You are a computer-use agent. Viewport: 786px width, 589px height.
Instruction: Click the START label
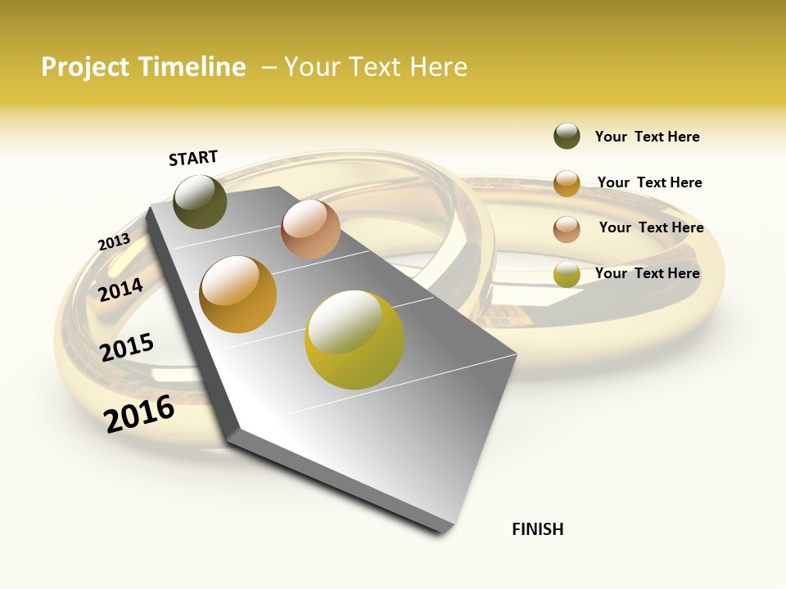pyautogui.click(x=193, y=158)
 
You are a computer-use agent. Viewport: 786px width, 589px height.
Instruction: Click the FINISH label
pyautogui.click(x=538, y=529)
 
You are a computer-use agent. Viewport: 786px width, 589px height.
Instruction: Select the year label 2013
pyautogui.click(x=114, y=242)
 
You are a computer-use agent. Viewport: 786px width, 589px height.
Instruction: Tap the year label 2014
pyautogui.click(x=121, y=290)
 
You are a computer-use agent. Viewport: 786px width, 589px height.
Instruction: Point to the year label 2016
pyautogui.click(x=139, y=413)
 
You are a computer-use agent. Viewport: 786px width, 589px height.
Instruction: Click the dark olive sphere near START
pyautogui.click(x=201, y=201)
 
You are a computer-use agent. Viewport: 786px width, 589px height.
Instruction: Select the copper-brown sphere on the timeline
pyautogui.click(x=310, y=229)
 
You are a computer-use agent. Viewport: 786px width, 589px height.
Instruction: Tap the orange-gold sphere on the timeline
pyautogui.click(x=238, y=294)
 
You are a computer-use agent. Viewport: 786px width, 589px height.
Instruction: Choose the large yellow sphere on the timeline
pyautogui.click(x=355, y=339)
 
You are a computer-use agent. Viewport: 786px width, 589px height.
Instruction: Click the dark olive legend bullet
pyautogui.click(x=567, y=136)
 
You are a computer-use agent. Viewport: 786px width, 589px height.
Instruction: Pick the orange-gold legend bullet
pyautogui.click(x=567, y=183)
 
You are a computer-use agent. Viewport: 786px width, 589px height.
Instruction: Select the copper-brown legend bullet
pyautogui.click(x=567, y=229)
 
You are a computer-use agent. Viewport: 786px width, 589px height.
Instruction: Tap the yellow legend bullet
pyautogui.click(x=567, y=275)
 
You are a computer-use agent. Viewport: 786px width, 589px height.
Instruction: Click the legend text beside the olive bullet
pyautogui.click(x=647, y=137)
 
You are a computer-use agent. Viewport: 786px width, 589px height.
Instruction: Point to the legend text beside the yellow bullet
pyautogui.click(x=647, y=273)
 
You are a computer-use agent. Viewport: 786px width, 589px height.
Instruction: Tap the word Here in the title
pyautogui.click(x=438, y=67)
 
